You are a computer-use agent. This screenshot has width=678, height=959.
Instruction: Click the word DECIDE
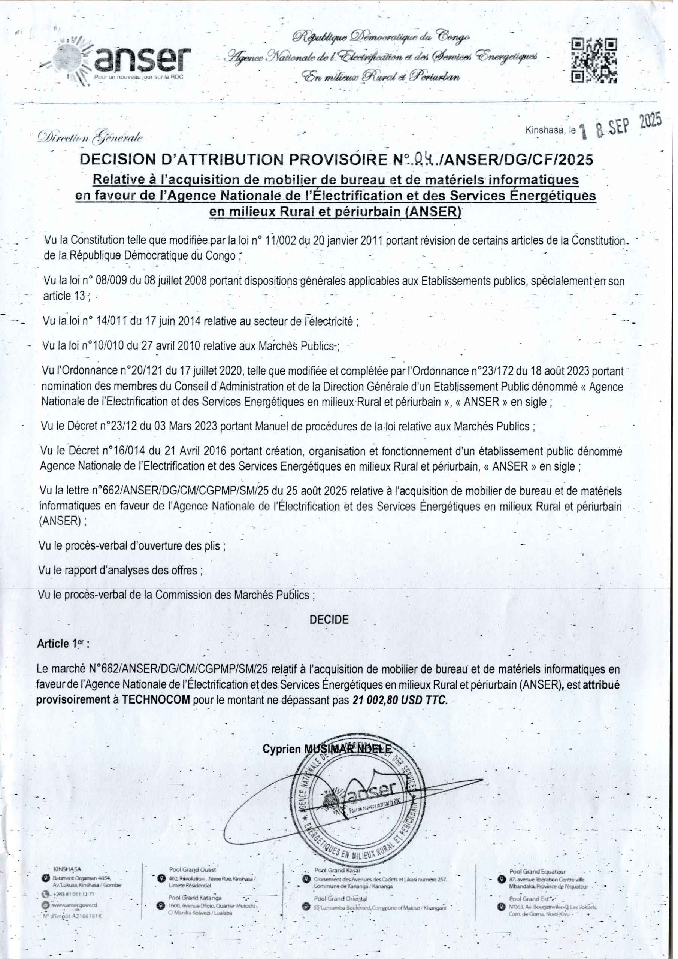coord(329,620)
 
